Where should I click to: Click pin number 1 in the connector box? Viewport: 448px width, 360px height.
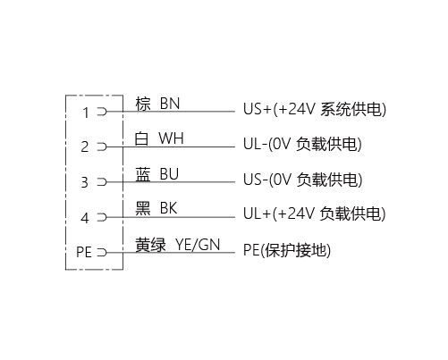coord(86,113)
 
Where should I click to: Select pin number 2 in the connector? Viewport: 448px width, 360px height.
coord(85,147)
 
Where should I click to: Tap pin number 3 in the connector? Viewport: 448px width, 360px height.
coord(85,182)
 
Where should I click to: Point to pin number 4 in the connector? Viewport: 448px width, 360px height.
coord(85,218)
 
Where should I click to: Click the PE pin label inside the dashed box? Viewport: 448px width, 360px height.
coord(84,252)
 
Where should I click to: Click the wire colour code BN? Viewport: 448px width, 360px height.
coord(170,104)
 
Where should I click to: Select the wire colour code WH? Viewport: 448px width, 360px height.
coord(171,138)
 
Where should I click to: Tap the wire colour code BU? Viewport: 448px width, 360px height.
coord(169,174)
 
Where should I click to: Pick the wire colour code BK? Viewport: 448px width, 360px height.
coord(169,208)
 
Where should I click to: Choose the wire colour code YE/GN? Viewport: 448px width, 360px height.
coord(198,245)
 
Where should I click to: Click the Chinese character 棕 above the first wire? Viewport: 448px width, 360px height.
coord(143,104)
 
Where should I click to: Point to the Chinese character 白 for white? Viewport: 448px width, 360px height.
coord(141,138)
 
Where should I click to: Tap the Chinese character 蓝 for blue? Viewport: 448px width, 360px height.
coord(143,174)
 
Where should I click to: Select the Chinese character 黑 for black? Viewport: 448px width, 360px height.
coord(143,208)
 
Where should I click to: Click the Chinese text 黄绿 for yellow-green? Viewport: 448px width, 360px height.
coord(150,245)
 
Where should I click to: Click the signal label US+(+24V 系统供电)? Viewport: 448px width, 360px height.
coord(315,109)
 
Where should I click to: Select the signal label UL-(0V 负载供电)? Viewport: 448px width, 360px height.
coord(302,144)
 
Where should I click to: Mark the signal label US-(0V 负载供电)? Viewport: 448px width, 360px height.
coord(303,180)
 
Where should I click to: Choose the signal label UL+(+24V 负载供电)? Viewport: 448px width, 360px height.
coord(315,213)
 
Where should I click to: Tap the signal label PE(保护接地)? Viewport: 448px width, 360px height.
coord(287,250)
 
